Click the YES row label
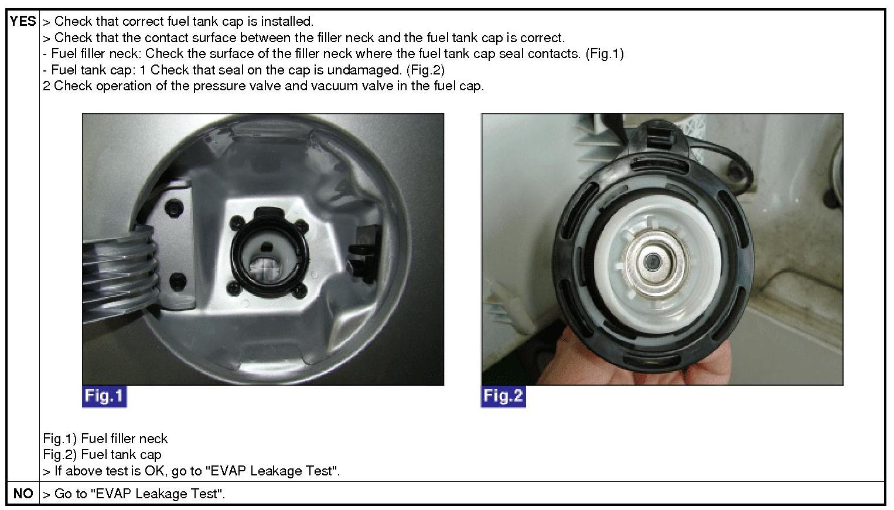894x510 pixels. pyautogui.click(x=23, y=21)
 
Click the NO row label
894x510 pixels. pyautogui.click(x=23, y=494)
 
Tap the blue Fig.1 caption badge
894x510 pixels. pyautogui.click(x=104, y=396)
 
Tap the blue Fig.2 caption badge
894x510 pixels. pyautogui.click(x=503, y=396)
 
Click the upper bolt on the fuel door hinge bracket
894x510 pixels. pyautogui.click(x=175, y=208)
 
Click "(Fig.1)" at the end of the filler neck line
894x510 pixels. pyautogui.click(x=605, y=54)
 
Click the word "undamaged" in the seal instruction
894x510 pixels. pyautogui.click(x=364, y=70)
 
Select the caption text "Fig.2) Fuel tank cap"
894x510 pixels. pyautogui.click(x=102, y=454)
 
